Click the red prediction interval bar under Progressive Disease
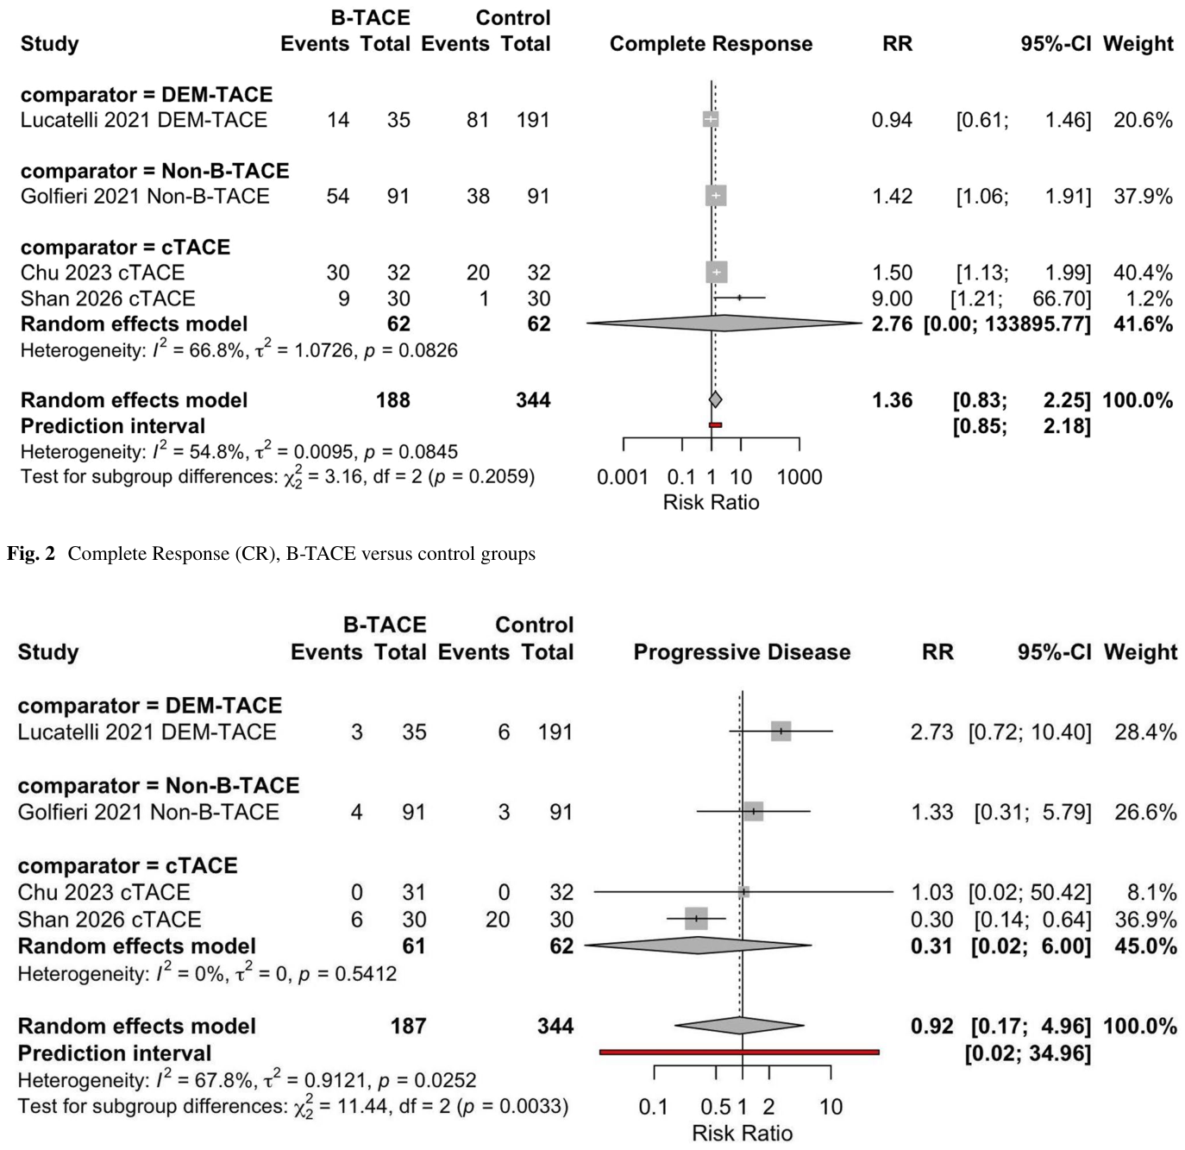(739, 1052)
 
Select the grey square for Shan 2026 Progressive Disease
(696, 919)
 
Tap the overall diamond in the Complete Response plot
(716, 399)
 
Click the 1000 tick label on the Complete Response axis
(799, 477)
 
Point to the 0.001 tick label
(623, 477)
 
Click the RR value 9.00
(892, 298)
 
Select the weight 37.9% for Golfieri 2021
(1143, 196)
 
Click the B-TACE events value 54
(338, 196)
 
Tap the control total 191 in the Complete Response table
(533, 120)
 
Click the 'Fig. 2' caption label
(31, 554)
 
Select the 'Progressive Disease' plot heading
(742, 651)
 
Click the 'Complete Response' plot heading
(712, 44)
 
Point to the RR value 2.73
(931, 732)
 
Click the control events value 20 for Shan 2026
(498, 919)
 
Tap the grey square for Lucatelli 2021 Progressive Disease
(781, 731)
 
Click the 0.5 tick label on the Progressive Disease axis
(715, 1106)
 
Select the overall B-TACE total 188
(393, 400)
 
